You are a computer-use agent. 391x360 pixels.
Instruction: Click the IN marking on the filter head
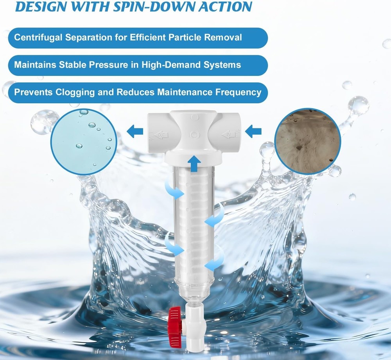click(x=227, y=135)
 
